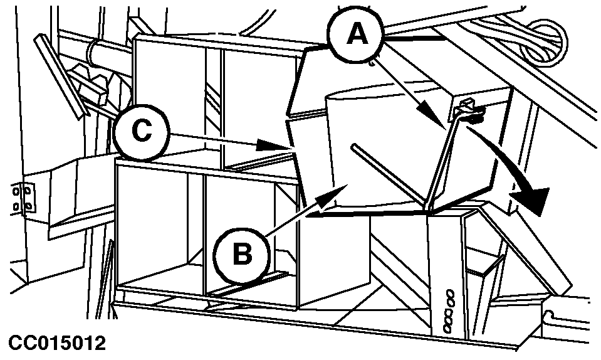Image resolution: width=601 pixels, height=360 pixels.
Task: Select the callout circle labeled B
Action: click(243, 255)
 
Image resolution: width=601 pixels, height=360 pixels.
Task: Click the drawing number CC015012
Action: click(57, 343)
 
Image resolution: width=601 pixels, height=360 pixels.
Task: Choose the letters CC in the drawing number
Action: click(19, 343)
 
